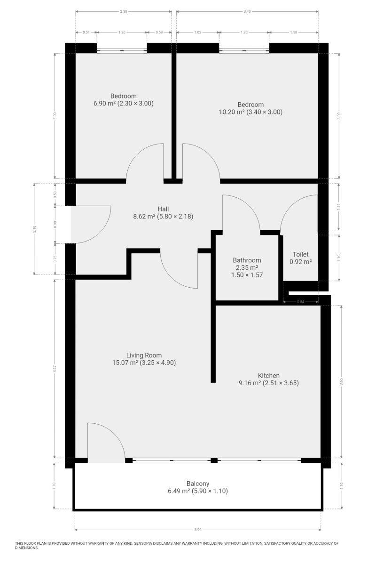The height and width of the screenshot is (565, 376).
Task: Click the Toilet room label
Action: (x=300, y=254)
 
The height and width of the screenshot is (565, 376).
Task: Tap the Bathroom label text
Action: (x=247, y=260)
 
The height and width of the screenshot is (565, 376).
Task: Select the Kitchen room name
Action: (x=268, y=375)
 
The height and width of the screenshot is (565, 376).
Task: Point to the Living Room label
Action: (x=144, y=355)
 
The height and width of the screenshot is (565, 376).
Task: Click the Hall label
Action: (x=163, y=209)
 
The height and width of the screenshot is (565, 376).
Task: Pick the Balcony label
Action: (x=198, y=484)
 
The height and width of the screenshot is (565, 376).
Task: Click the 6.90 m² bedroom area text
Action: (x=104, y=104)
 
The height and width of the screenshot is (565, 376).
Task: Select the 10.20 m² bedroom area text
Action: (x=232, y=112)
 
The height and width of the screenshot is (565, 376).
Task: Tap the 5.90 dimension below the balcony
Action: (x=198, y=529)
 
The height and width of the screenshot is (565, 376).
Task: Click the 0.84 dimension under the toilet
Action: (x=300, y=302)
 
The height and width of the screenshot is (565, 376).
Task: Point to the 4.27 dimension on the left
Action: (x=55, y=369)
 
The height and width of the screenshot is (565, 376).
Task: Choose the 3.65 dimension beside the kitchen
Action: (x=341, y=382)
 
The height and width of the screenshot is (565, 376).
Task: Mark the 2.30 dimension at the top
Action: (x=124, y=11)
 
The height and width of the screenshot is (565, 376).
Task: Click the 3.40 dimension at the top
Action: (x=247, y=11)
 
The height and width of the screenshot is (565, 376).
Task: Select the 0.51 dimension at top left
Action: (x=86, y=32)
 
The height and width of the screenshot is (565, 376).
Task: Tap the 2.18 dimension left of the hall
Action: (x=34, y=229)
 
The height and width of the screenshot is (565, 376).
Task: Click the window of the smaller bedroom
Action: (x=122, y=51)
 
